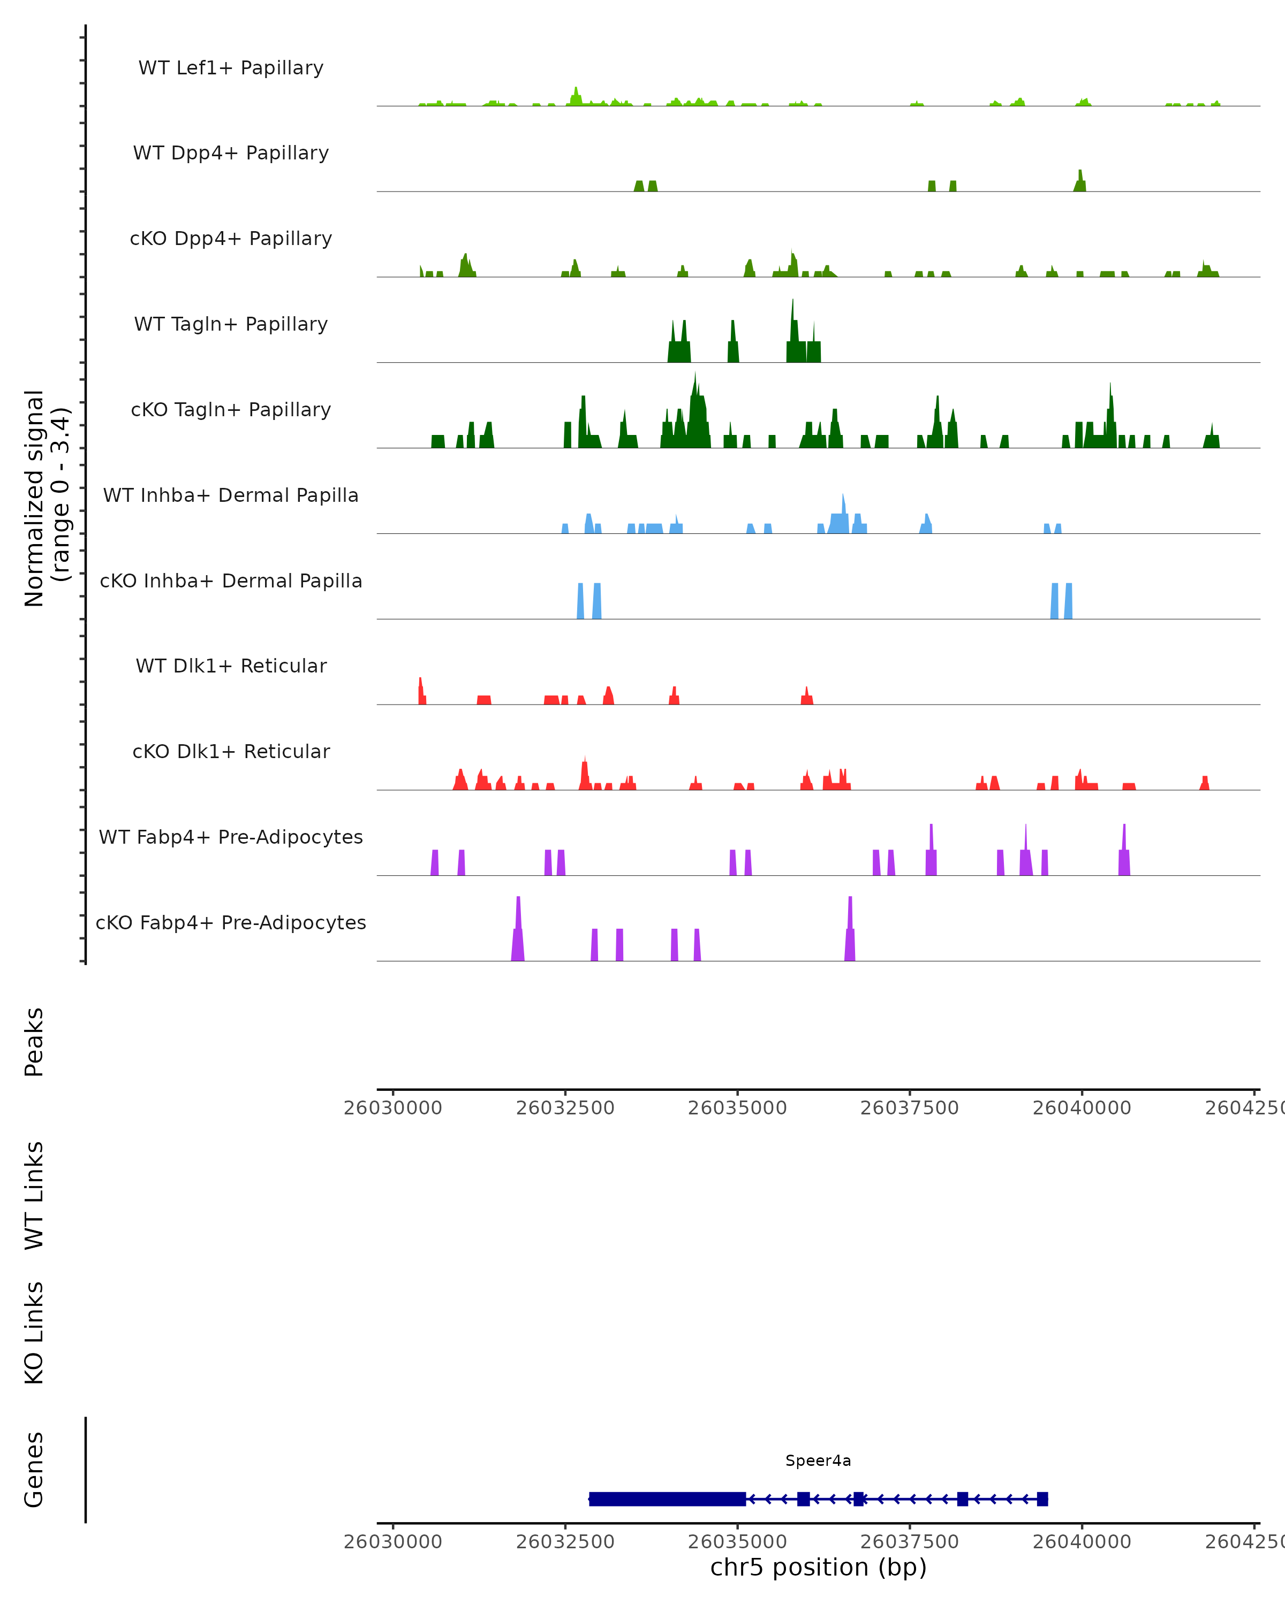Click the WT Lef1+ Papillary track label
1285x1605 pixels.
pyautogui.click(x=231, y=68)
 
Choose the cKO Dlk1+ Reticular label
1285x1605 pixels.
pyautogui.click(x=231, y=751)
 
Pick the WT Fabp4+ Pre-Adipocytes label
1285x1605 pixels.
pyautogui.click(x=231, y=837)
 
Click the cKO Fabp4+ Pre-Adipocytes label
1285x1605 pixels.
pyautogui.click(x=231, y=922)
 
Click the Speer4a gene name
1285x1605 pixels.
pyautogui.click(x=818, y=1461)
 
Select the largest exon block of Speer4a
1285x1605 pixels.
pyautogui.click(x=668, y=1499)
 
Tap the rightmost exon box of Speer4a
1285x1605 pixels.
pyautogui.click(x=1042, y=1499)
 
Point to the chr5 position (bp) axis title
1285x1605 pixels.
pyautogui.click(x=818, y=1567)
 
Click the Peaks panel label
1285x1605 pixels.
pyautogui.click(x=34, y=1042)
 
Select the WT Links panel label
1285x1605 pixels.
pyautogui.click(x=34, y=1195)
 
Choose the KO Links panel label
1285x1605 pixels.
pyautogui.click(x=34, y=1333)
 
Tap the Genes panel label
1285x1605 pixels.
pyautogui.click(x=34, y=1470)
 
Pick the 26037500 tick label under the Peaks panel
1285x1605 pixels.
pyautogui.click(x=910, y=1108)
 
